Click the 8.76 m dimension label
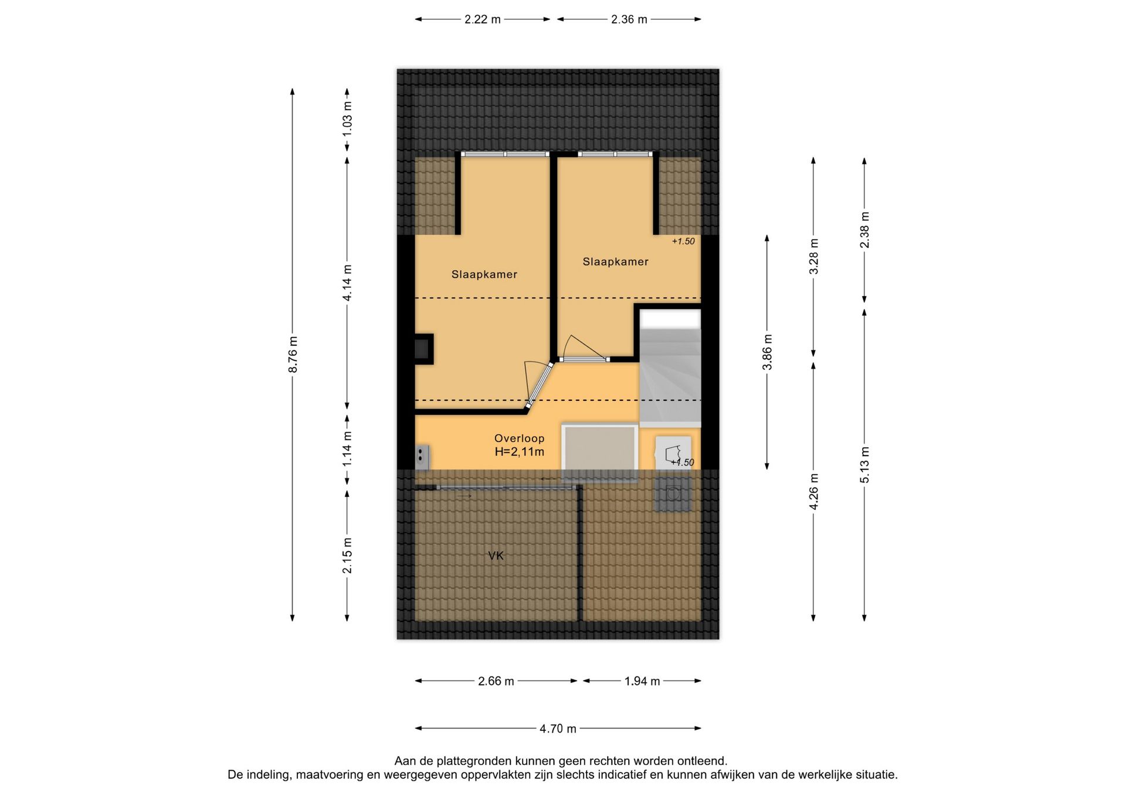pyautogui.click(x=293, y=355)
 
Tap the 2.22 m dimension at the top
pyautogui.click(x=483, y=19)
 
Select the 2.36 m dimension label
pyautogui.click(x=629, y=19)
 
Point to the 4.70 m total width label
pyautogui.click(x=558, y=729)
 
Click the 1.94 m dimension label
pyautogui.click(x=642, y=681)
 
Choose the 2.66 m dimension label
pyautogui.click(x=496, y=681)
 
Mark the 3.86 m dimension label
pyautogui.click(x=767, y=352)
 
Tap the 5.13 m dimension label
pyautogui.click(x=864, y=465)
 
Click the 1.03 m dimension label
pyautogui.click(x=347, y=119)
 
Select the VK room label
pyautogui.click(x=496, y=556)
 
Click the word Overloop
pyautogui.click(x=520, y=438)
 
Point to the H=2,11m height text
pyautogui.click(x=520, y=452)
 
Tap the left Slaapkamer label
pyautogui.click(x=484, y=274)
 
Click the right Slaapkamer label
pyautogui.click(x=616, y=262)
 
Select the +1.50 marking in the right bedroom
pyautogui.click(x=683, y=241)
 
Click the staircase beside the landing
pyautogui.click(x=670, y=375)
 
